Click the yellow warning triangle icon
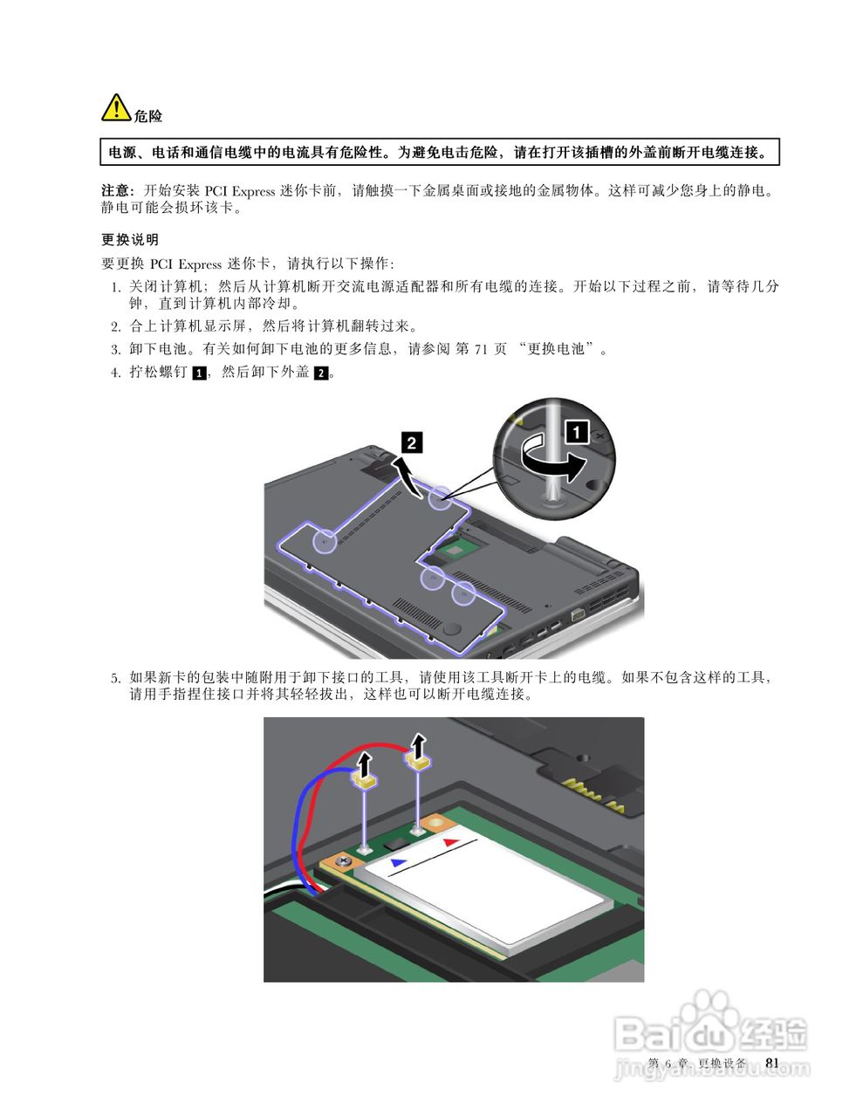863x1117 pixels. coord(116,107)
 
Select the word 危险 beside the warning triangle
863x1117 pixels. coord(148,116)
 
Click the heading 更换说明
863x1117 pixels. coord(130,239)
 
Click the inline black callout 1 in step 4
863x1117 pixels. coord(199,373)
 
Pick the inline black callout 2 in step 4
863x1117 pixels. coord(321,373)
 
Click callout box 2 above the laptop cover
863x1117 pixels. coord(411,443)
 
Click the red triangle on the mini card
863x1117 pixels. coord(450,842)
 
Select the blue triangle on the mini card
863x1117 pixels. coord(398,861)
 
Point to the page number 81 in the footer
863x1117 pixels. coord(771,1062)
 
